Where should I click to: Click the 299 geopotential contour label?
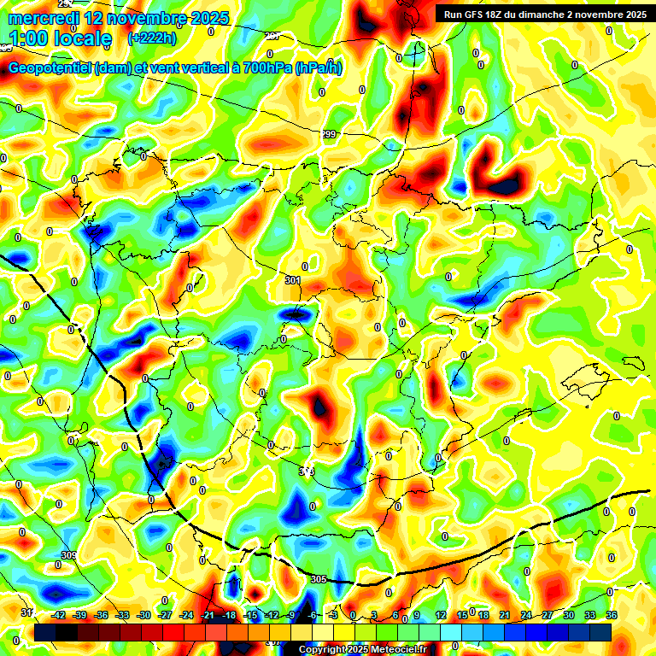pyautogui.click(x=329, y=135)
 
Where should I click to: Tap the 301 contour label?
pyautogui.click(x=293, y=280)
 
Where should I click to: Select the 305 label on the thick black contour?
pyautogui.click(x=318, y=579)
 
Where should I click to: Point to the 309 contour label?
pyautogui.click(x=69, y=555)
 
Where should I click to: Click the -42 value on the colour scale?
pyautogui.click(x=59, y=615)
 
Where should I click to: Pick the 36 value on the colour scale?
pyautogui.click(x=612, y=615)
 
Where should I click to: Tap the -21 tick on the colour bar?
pyautogui.click(x=208, y=615)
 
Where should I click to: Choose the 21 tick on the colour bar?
pyautogui.click(x=505, y=615)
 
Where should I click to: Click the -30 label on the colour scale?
pyautogui.click(x=143, y=615)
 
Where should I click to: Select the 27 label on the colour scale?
pyautogui.click(x=548, y=615)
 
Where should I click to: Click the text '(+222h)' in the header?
pyautogui.click(x=152, y=38)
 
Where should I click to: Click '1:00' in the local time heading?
pyautogui.click(x=31, y=38)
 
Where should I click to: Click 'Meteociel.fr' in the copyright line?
pyautogui.click(x=393, y=650)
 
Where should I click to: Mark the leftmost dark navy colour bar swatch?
pyautogui.click(x=44, y=631)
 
